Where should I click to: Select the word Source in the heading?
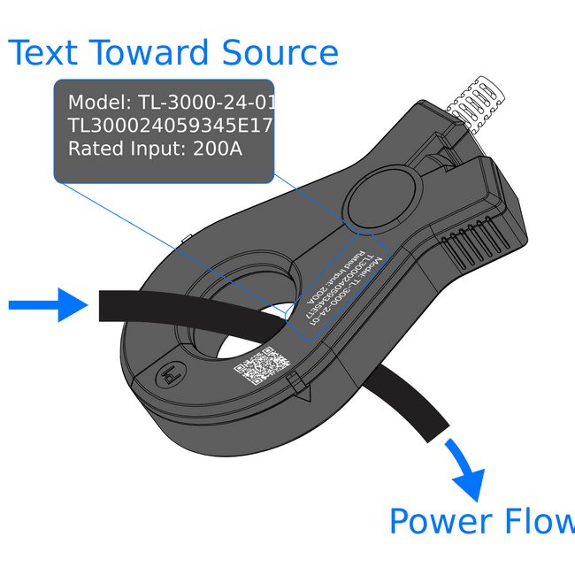click(x=280, y=53)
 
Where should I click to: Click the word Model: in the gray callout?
click(x=100, y=103)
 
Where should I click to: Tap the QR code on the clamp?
click(x=262, y=367)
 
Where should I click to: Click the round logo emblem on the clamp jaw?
click(x=169, y=377)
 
